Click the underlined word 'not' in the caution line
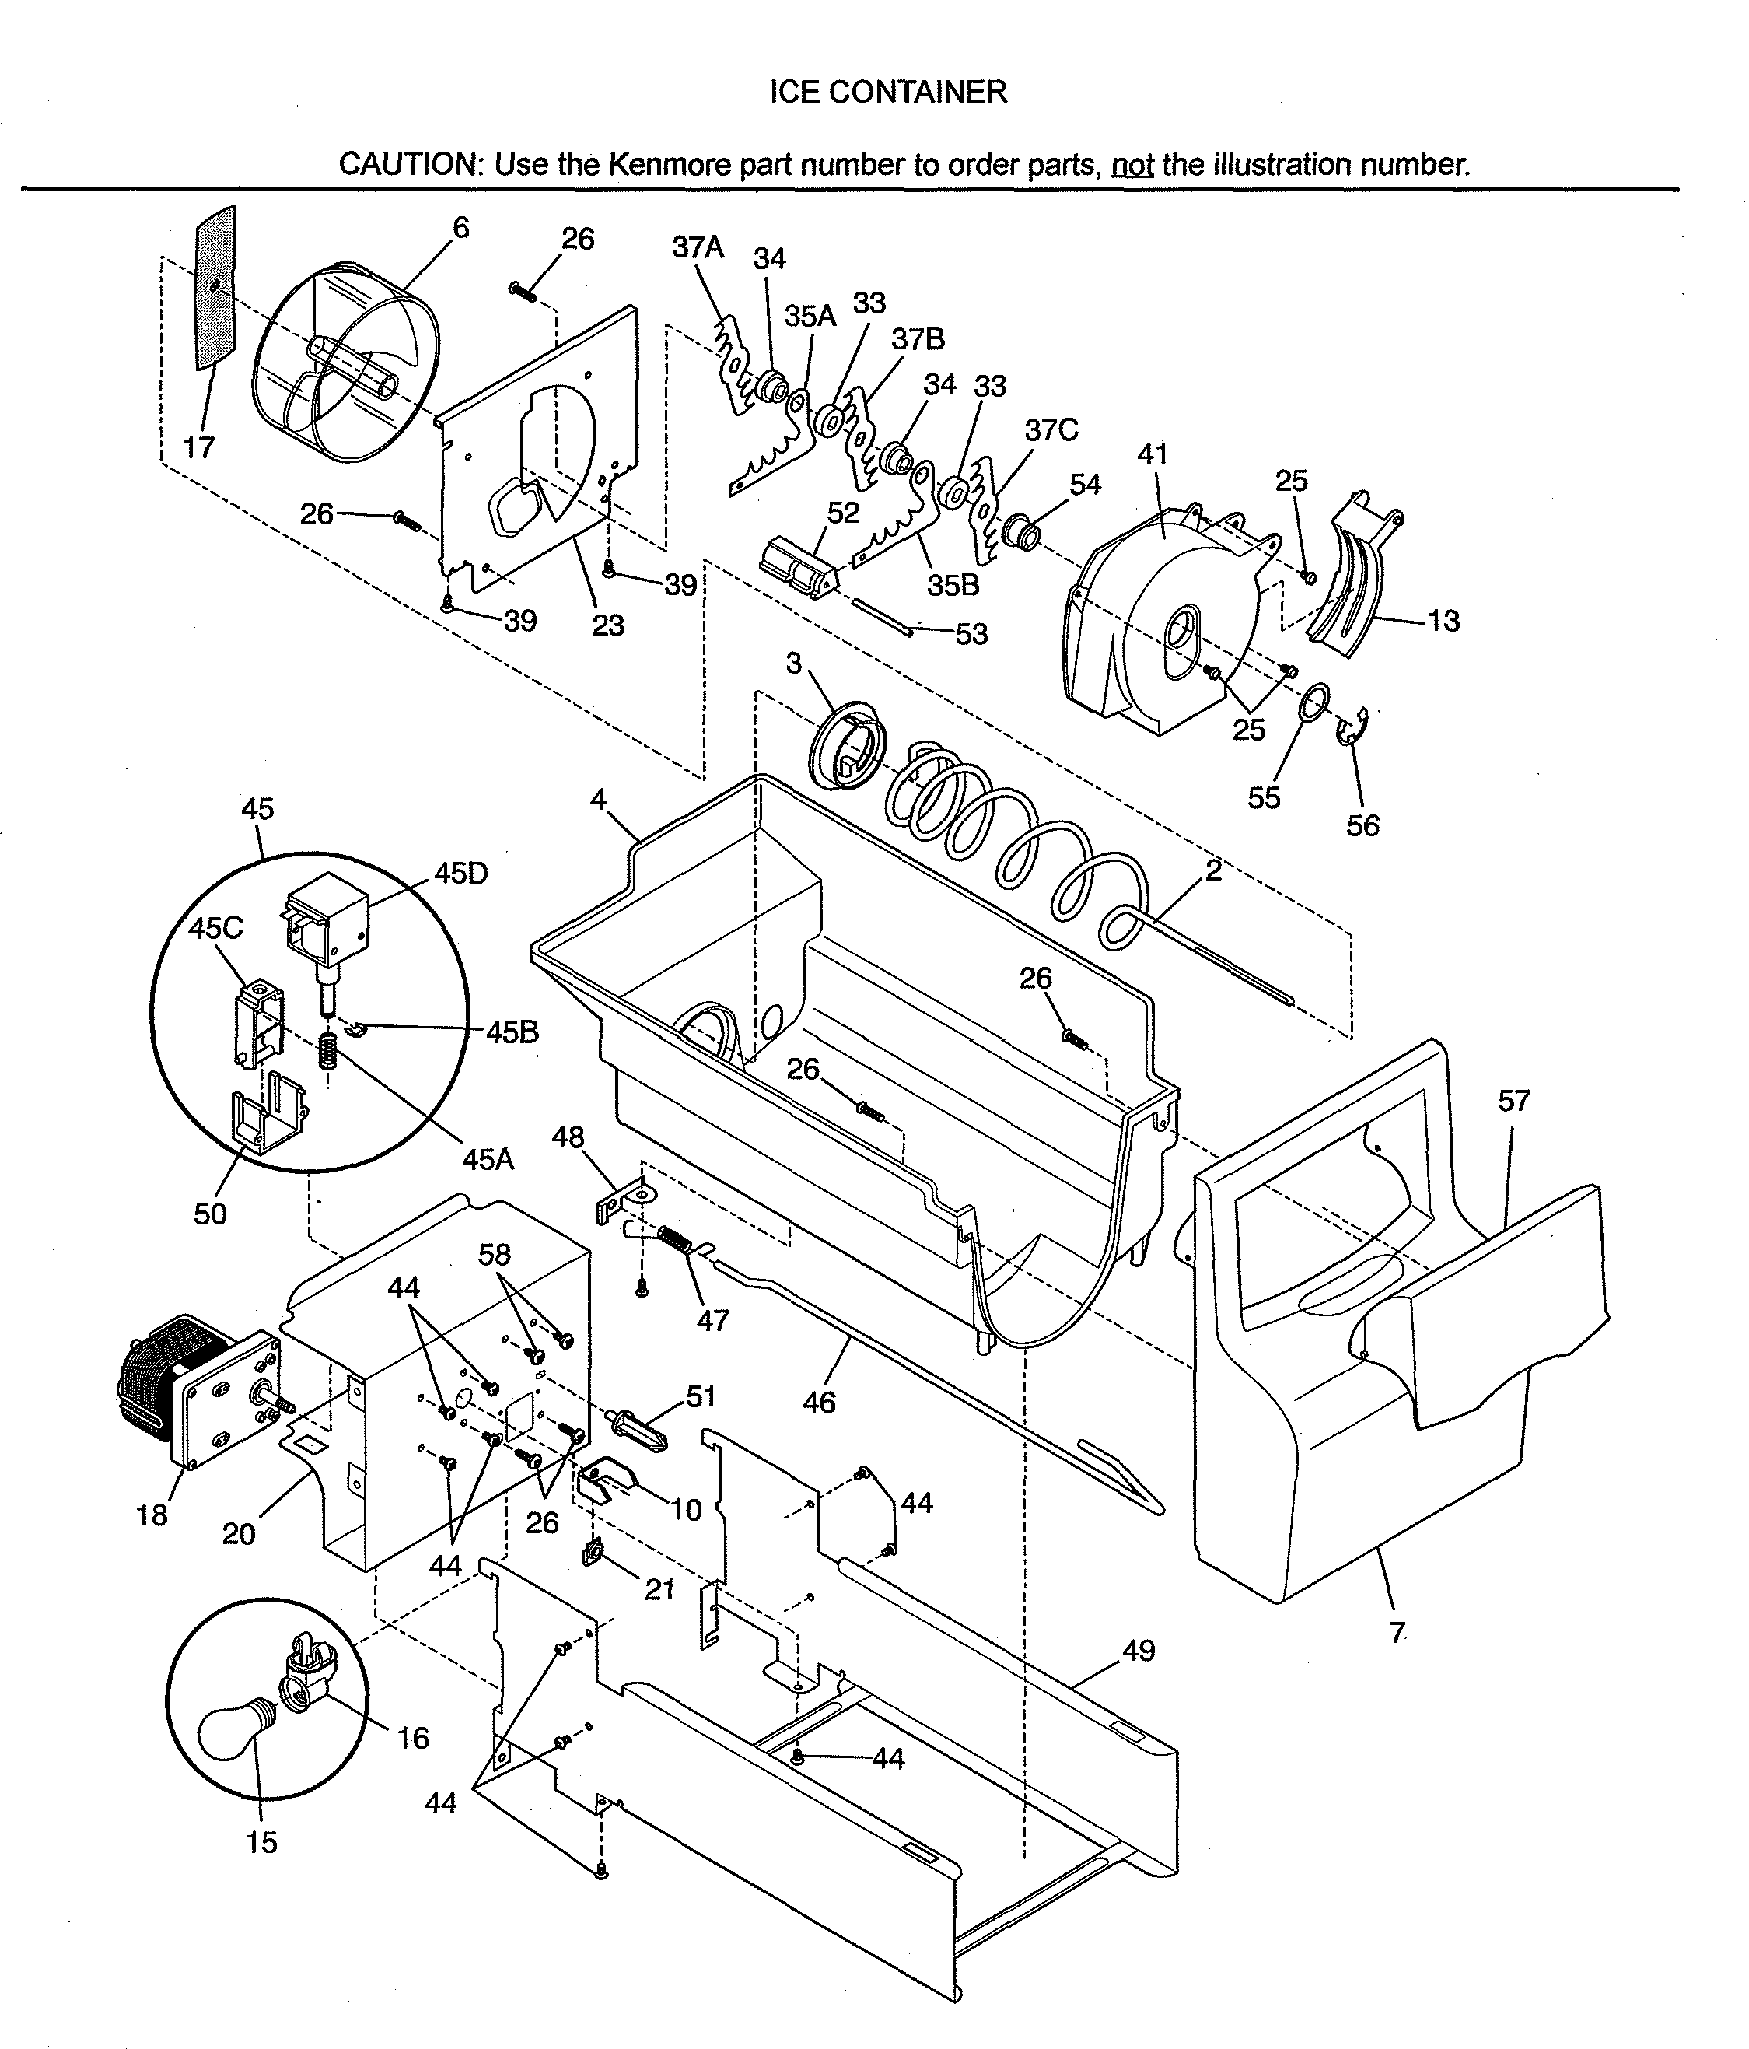tap(1132, 164)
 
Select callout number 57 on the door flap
tap(1513, 1101)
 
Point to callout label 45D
tap(460, 874)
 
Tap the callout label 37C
tap(1051, 430)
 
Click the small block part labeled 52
tap(797, 569)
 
